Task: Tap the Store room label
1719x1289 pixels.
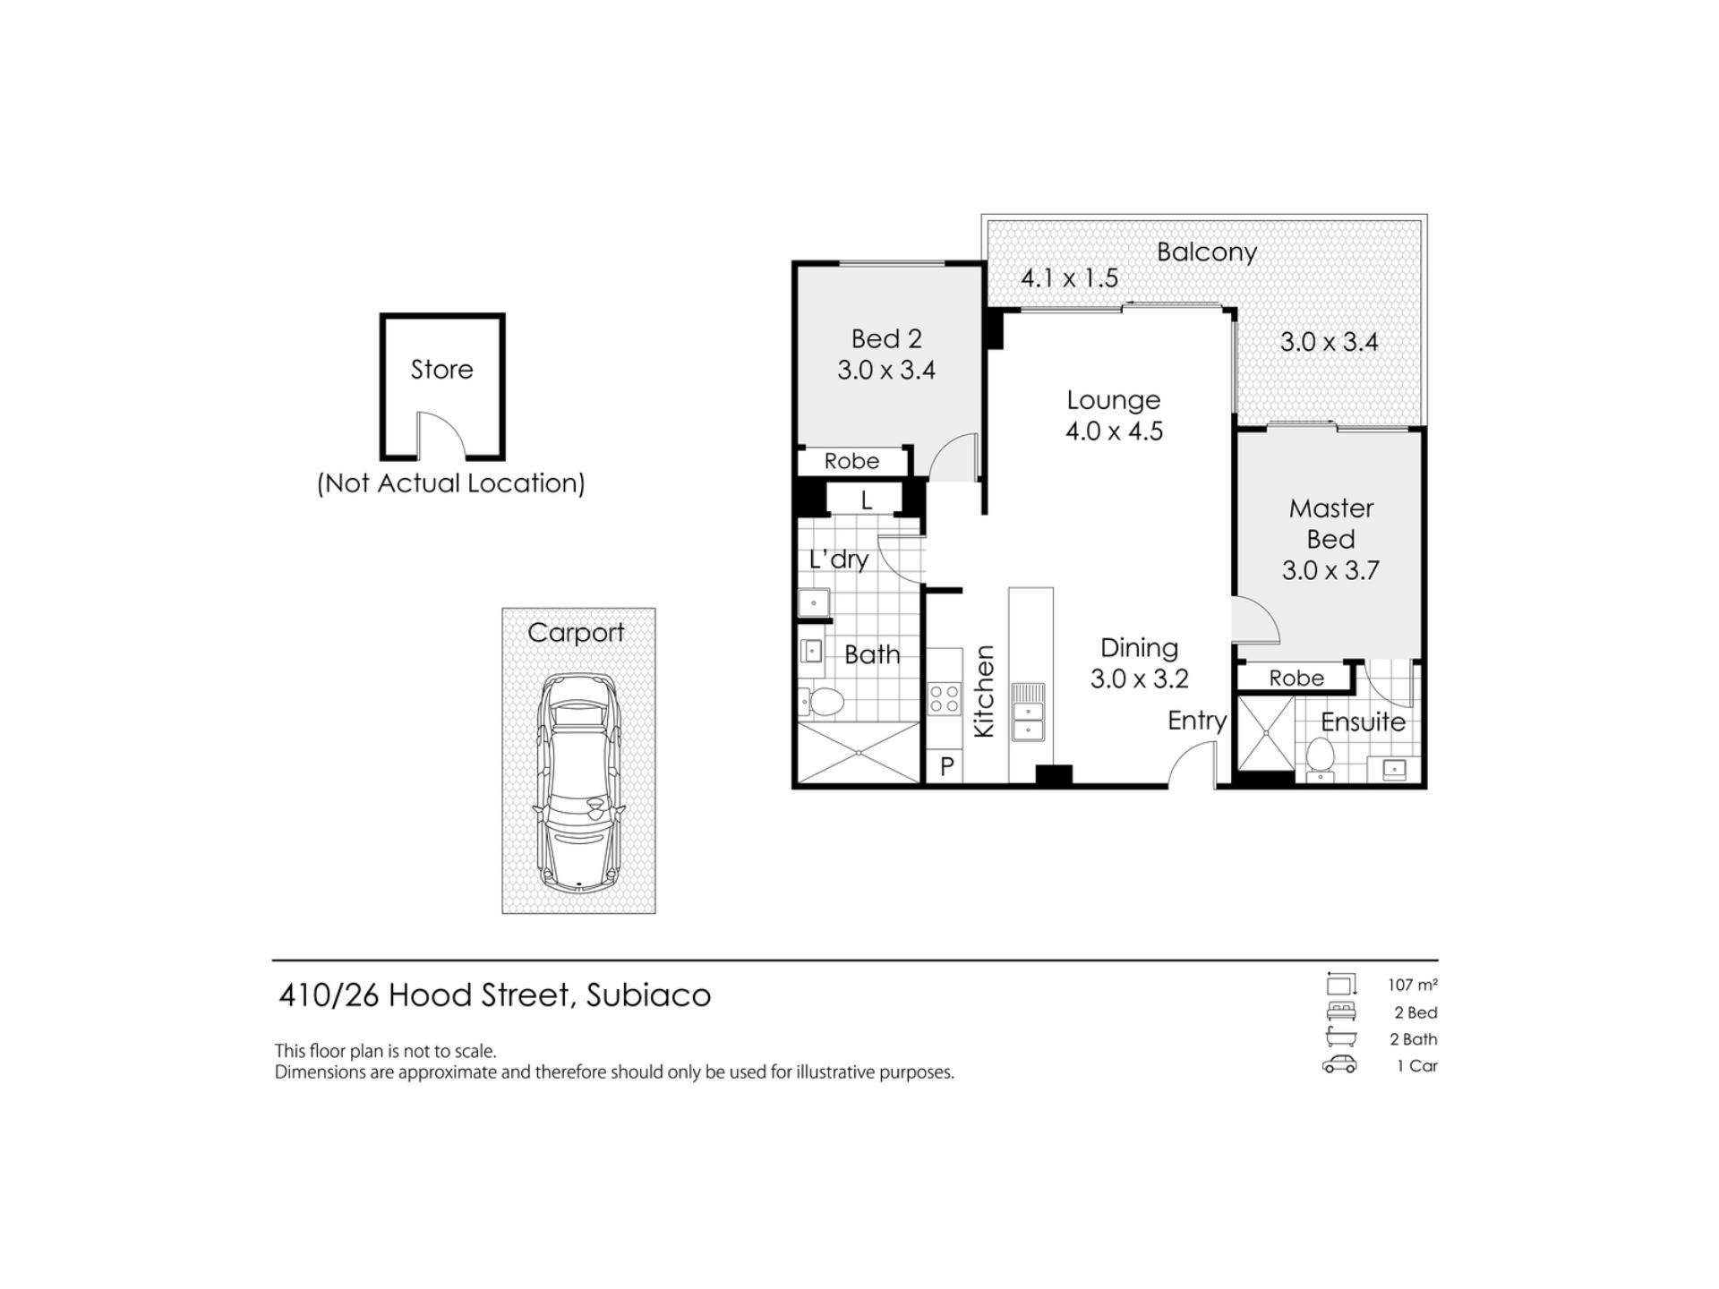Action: pos(441,370)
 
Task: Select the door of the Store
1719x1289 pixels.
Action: pos(440,435)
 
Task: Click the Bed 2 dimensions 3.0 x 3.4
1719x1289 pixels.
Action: pos(886,371)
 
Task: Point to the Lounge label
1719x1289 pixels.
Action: pos(1114,400)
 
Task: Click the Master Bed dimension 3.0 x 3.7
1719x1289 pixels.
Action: pos(1330,571)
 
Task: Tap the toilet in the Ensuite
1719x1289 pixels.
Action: pos(1320,759)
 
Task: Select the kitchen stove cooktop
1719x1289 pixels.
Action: pos(944,698)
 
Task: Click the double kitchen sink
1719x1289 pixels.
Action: pos(1028,712)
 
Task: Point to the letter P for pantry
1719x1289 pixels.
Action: pos(946,766)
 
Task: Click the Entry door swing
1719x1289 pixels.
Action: pos(1193,765)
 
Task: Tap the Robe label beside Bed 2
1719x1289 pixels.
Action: pos(851,461)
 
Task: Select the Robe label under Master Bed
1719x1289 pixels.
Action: pos(1296,679)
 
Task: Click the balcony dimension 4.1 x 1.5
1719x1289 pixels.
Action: pos(1070,278)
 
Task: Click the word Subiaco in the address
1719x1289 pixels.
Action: pos(648,995)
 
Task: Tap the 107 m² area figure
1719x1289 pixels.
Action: pos(1413,986)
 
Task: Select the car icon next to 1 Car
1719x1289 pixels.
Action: pos(1339,1065)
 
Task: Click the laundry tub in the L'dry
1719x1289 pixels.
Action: pos(814,602)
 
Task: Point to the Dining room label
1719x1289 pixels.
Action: pos(1139,647)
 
